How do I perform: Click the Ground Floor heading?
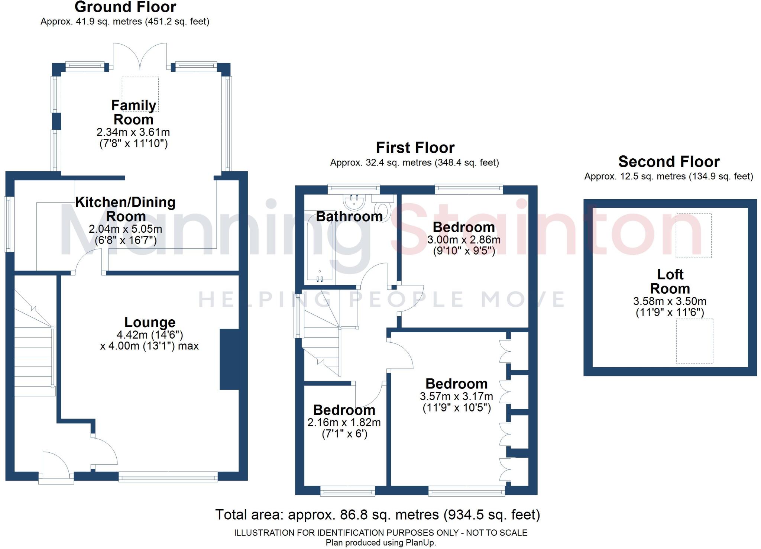click(x=126, y=7)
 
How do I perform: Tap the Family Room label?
click(x=133, y=112)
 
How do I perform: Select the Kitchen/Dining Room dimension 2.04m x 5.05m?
click(x=126, y=229)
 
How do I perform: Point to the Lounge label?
click(x=150, y=322)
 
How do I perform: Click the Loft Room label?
click(x=670, y=281)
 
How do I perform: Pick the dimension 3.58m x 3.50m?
click(x=670, y=301)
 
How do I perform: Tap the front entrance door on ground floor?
click(x=56, y=468)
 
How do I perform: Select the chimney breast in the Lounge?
click(x=229, y=359)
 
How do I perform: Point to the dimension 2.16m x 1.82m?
click(x=344, y=422)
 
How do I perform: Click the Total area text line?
click(x=378, y=515)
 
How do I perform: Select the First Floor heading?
click(x=415, y=148)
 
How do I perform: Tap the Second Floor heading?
click(x=669, y=162)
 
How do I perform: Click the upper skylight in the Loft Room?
click(x=693, y=235)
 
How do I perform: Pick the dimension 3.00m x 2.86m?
click(x=464, y=240)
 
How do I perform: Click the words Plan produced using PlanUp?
click(x=381, y=543)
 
